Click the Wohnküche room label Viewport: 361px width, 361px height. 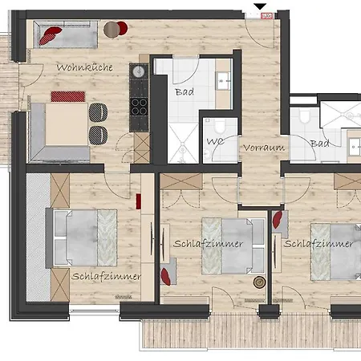(x=84, y=67)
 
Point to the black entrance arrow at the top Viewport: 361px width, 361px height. (x=258, y=8)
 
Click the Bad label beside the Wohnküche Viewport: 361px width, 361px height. (x=184, y=91)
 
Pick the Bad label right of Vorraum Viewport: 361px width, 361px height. (x=320, y=143)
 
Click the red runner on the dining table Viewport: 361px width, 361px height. (x=68, y=96)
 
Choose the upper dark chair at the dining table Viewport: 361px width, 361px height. (x=99, y=112)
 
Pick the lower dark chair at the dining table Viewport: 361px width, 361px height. (x=99, y=132)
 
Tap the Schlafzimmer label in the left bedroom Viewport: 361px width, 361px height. (x=106, y=275)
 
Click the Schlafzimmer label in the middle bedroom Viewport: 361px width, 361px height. (x=208, y=243)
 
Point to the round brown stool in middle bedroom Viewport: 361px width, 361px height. (x=258, y=282)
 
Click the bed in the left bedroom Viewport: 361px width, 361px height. (x=83, y=237)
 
